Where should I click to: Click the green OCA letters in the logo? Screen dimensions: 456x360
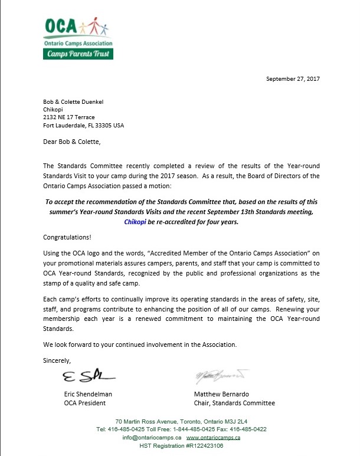(x=61, y=27)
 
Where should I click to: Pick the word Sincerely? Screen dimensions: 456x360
(x=57, y=360)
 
